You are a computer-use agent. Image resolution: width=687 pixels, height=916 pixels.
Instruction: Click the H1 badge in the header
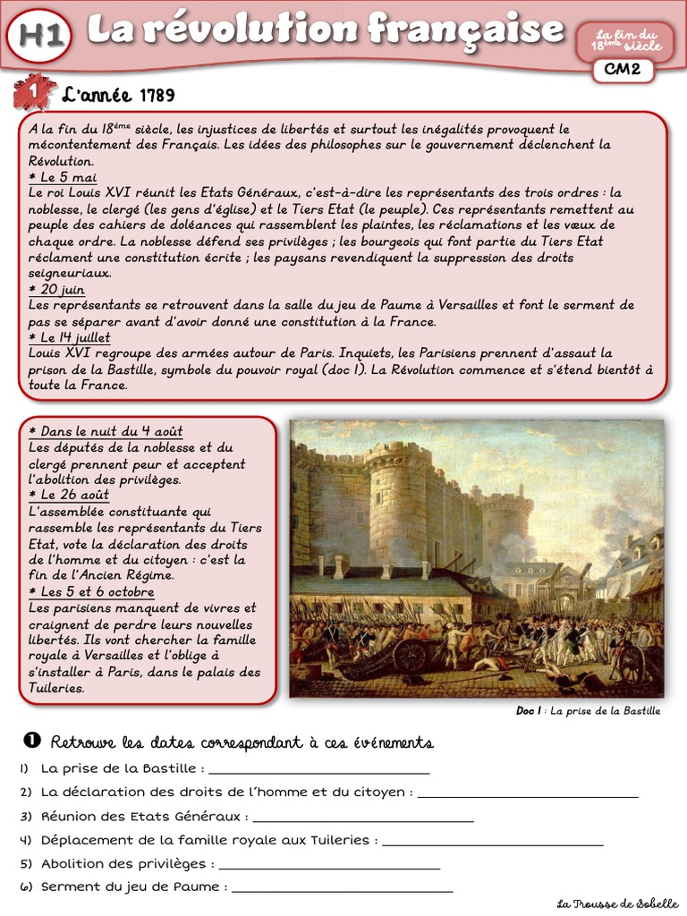38,35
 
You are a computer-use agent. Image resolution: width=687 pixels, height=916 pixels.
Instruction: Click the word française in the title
465,30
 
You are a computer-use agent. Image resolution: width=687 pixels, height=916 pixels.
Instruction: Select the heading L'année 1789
118,96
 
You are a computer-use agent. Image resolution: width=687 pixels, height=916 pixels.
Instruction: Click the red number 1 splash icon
34,92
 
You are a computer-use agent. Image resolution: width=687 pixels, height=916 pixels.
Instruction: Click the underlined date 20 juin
57,290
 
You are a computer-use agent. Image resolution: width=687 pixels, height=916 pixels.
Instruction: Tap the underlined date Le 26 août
69,495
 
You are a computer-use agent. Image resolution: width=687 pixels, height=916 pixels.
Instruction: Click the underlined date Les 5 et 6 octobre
91,592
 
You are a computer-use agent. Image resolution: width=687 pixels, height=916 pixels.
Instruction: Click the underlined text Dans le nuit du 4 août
106,431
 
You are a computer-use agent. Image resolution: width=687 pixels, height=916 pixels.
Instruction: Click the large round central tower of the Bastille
398,501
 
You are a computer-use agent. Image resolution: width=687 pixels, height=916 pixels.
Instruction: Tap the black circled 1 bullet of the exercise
32,740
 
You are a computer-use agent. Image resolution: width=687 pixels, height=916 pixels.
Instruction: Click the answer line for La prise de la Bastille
318,769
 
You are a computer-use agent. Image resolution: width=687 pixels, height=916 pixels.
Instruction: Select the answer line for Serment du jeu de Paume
342,888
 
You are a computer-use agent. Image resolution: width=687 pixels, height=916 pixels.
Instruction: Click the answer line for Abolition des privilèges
329,865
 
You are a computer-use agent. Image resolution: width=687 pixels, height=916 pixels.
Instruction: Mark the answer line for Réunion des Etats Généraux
363,818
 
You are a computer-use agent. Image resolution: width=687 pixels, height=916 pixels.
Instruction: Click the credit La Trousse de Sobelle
617,903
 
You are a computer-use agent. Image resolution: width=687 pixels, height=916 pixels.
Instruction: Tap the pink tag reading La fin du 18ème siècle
625,38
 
